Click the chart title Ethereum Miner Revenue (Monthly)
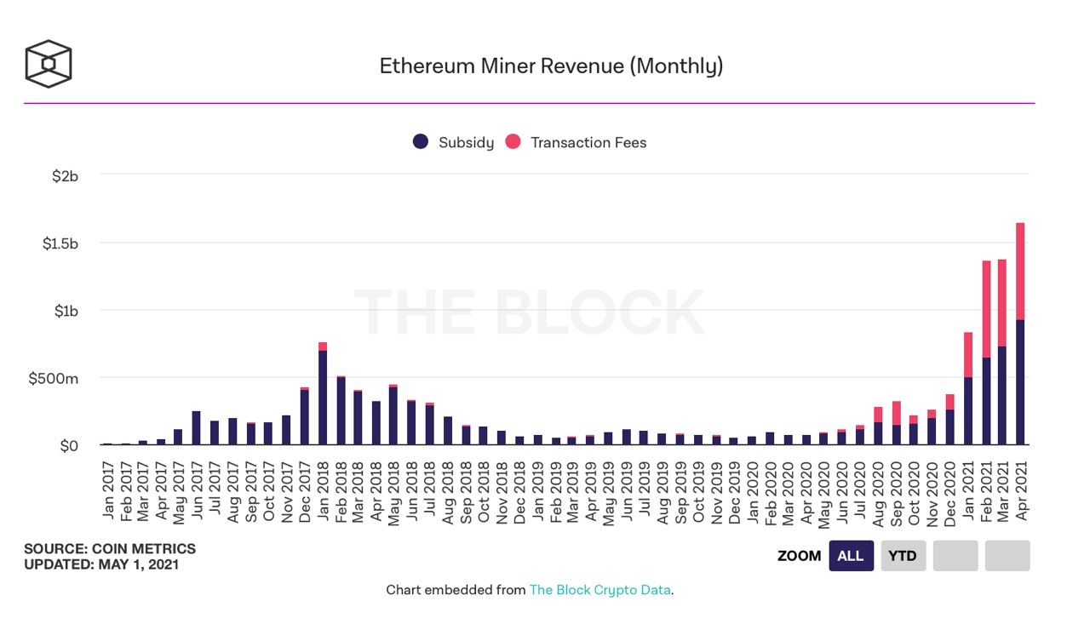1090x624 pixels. point(551,66)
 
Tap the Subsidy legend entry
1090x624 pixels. point(453,142)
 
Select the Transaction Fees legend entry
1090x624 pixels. point(577,142)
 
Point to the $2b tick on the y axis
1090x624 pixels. point(65,176)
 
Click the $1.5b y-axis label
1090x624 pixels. point(60,243)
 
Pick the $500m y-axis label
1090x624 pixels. point(54,378)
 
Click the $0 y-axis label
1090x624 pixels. point(69,445)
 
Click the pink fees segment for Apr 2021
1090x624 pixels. point(1020,271)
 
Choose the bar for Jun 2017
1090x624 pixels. point(197,428)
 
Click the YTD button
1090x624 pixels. point(903,556)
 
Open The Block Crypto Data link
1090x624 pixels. point(600,589)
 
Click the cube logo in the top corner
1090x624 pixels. point(49,64)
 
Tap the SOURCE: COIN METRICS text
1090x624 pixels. point(110,549)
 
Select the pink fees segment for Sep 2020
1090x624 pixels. point(897,413)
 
